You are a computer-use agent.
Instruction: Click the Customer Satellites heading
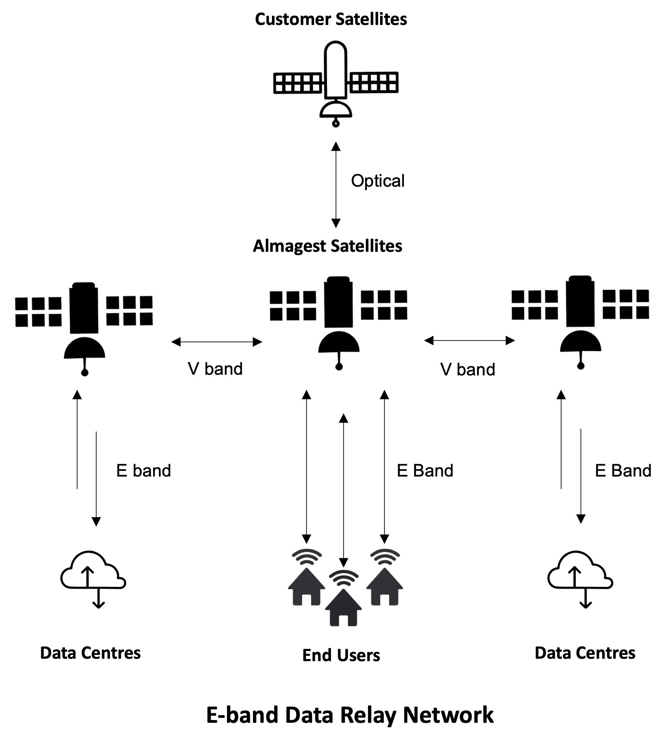330,19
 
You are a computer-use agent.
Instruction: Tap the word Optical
377,181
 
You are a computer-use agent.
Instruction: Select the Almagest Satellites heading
327,246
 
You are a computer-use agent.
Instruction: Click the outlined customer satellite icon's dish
335,110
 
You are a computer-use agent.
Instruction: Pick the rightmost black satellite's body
580,301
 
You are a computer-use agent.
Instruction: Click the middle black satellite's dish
339,342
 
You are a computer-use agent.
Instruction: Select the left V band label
215,369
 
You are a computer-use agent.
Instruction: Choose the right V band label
468,370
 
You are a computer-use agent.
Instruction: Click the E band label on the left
143,471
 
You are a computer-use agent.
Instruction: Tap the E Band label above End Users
425,471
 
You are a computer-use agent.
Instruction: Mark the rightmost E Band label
623,471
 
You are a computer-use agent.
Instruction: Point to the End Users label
341,656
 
